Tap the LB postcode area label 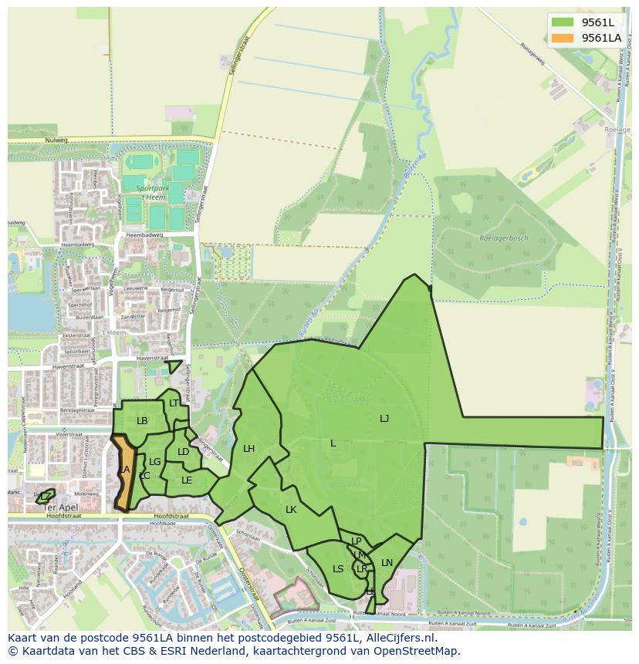click(142, 421)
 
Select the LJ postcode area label click(384, 418)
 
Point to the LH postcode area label click(248, 448)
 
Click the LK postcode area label click(291, 510)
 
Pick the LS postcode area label click(338, 569)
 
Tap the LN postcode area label click(387, 563)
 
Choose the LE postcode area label click(186, 480)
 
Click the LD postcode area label click(183, 452)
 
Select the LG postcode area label click(154, 462)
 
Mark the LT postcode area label click(174, 403)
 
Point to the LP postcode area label click(357, 541)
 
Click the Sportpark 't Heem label click(150, 192)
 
